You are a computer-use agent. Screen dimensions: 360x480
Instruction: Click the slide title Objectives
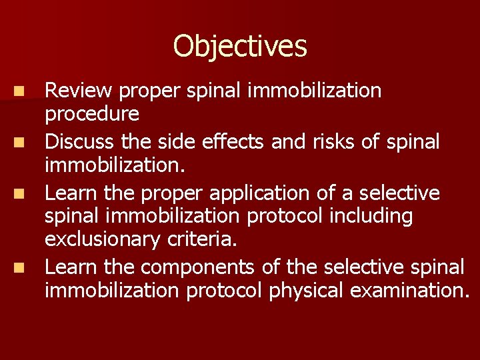point(240,47)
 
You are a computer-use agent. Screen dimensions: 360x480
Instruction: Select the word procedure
point(92,115)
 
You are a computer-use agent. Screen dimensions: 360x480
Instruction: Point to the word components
point(198,267)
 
